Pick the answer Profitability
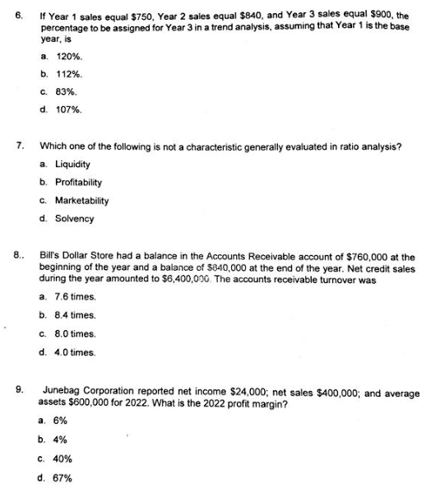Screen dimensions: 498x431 click(78, 183)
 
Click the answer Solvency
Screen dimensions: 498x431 click(74, 219)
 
